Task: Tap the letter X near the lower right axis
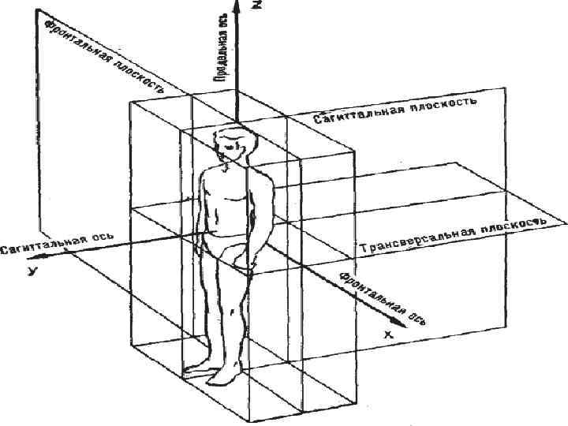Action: tap(388, 334)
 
